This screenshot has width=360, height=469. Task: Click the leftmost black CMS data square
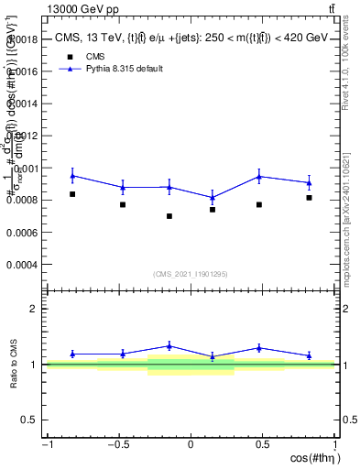click(x=72, y=194)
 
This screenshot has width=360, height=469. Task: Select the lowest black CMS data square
click(x=169, y=216)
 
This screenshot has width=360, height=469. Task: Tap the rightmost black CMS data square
click(x=310, y=198)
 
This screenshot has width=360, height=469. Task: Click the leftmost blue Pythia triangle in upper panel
click(x=72, y=175)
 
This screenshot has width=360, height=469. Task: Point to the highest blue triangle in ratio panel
click(x=169, y=345)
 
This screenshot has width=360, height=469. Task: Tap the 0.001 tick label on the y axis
click(x=25, y=169)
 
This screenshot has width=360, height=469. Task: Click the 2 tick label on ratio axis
click(x=33, y=310)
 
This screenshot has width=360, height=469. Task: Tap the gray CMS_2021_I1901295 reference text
click(x=191, y=275)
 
